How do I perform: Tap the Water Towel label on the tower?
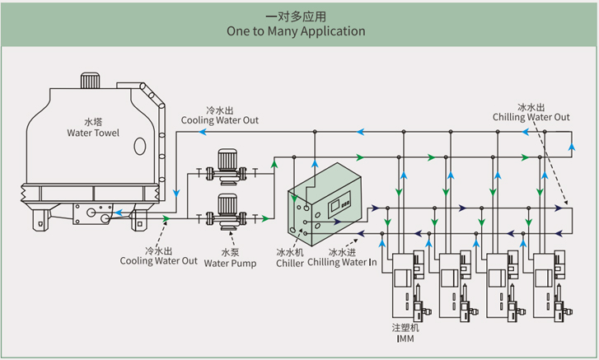[x=93, y=133]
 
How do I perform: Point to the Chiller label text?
[x=290, y=263]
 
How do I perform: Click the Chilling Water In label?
[x=342, y=263]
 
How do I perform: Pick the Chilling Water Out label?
[x=531, y=117]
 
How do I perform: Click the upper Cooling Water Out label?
[x=219, y=120]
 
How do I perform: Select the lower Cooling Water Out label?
[x=159, y=261]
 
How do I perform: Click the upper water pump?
[x=227, y=166]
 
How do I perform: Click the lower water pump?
[x=227, y=212]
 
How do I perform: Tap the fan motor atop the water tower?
[x=89, y=82]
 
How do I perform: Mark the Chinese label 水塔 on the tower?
[x=93, y=121]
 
